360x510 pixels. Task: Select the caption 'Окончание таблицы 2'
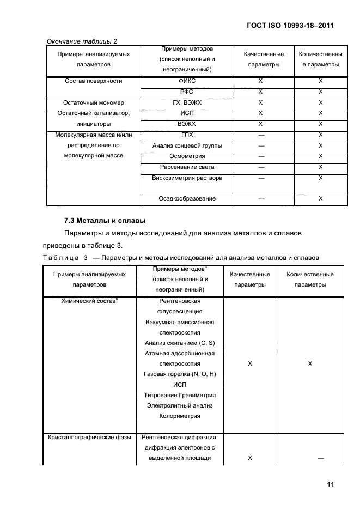click(x=82, y=41)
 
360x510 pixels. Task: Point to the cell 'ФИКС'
click(x=186, y=81)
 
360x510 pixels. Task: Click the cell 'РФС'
click(x=186, y=92)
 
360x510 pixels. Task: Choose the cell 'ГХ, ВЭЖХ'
click(x=186, y=102)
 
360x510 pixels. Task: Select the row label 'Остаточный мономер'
click(x=94, y=102)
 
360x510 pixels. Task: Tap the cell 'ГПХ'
click(x=186, y=135)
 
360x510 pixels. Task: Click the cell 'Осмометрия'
click(x=186, y=156)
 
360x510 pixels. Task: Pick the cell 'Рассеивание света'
click(x=186, y=167)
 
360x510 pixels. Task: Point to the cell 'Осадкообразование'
click(x=186, y=199)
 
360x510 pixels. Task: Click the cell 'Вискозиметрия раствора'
click(x=186, y=178)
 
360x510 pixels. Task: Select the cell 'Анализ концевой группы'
click(x=186, y=145)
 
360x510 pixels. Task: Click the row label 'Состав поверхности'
click(x=94, y=81)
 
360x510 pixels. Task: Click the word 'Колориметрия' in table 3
click(x=180, y=416)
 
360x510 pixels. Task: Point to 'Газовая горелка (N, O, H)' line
click(x=180, y=374)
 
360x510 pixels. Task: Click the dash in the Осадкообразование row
click(x=261, y=199)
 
